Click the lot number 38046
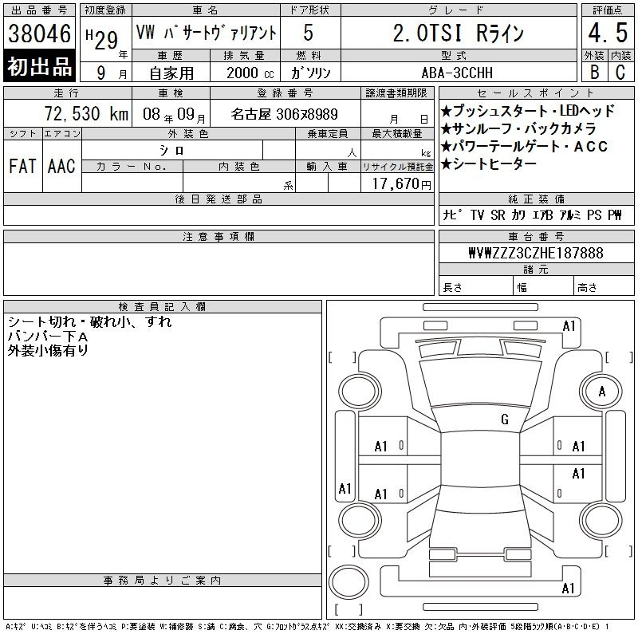click(x=39, y=33)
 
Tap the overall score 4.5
click(x=608, y=33)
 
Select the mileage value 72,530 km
click(x=86, y=113)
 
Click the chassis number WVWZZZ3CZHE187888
click(x=536, y=253)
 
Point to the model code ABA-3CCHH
click(x=457, y=73)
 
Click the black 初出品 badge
click(x=39, y=66)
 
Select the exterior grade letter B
click(x=594, y=73)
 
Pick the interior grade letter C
click(x=620, y=73)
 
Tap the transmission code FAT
click(x=22, y=166)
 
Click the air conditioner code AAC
click(x=61, y=166)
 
